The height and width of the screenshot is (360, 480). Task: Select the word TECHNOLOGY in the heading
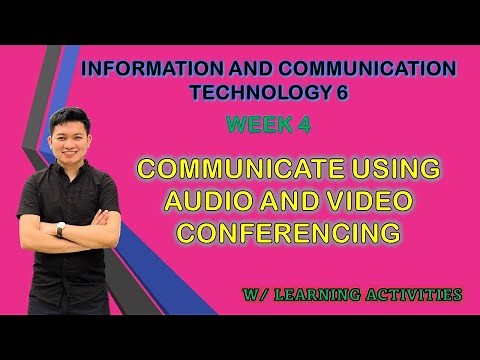coord(244,93)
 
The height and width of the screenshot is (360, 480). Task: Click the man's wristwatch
coord(61,229)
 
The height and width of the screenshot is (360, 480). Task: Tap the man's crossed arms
coord(80,224)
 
